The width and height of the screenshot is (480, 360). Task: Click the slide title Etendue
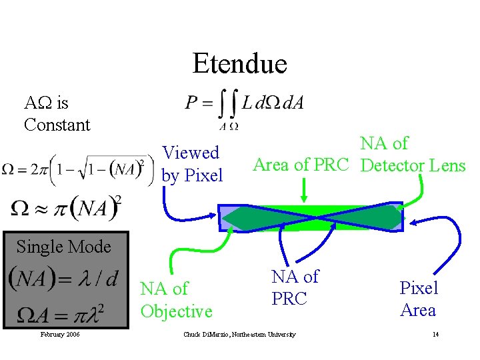coord(239,64)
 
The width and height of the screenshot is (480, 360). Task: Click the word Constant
coord(57,125)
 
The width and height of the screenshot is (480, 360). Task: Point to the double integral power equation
coord(244,105)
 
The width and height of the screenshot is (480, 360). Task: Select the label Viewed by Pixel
coord(192,164)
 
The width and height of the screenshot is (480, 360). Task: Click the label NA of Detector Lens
coord(412,154)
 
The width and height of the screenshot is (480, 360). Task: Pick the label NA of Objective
coord(176,300)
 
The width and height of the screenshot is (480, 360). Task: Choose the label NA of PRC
coord(295,287)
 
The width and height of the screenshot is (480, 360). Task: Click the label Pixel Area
coord(418,299)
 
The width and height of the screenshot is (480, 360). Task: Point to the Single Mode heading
coord(63,247)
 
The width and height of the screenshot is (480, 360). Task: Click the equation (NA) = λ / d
coord(63,278)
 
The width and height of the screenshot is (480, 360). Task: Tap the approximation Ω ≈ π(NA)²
coord(66,209)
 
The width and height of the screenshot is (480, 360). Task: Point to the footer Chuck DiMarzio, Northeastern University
coord(239,334)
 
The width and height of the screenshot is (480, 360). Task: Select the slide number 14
coord(435,334)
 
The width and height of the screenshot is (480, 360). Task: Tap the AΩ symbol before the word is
coord(39,103)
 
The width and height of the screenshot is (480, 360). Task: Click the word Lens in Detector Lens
coord(445,165)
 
